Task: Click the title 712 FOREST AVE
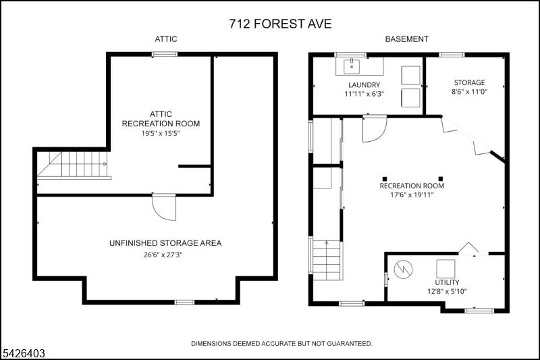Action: coord(280,24)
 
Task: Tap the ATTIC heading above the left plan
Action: coord(165,39)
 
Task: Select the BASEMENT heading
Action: coord(406,39)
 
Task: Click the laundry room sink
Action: coord(352,66)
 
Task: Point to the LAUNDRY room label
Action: coord(364,84)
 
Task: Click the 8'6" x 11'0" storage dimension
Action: coord(469,92)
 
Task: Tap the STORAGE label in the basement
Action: coord(469,82)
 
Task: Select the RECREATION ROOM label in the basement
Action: coord(412,186)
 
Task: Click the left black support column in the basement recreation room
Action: coord(385,179)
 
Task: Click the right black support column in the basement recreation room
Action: coord(441,179)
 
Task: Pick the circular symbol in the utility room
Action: coord(403,269)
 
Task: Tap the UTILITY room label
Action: coord(447,282)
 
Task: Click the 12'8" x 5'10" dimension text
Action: coord(447,292)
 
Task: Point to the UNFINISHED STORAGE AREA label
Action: coord(165,243)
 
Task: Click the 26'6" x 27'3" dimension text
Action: coord(163,255)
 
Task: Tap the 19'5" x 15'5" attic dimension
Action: coord(161,133)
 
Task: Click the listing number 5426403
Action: coord(24,353)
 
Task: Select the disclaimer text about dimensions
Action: coord(281,344)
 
